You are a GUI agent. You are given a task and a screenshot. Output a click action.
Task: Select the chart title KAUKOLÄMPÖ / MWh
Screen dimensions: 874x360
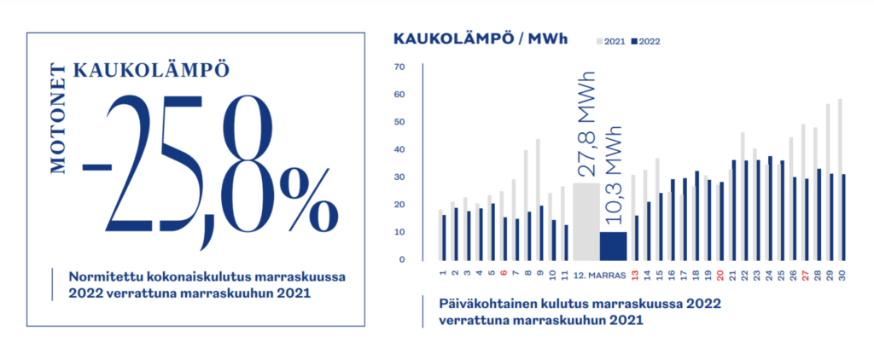click(x=480, y=39)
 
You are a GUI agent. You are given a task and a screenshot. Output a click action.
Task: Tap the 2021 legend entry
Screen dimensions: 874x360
click(x=611, y=41)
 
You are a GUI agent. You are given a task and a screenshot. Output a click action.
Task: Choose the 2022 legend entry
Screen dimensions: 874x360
click(x=646, y=41)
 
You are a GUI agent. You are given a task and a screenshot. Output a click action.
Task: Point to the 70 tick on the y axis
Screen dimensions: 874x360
click(x=399, y=67)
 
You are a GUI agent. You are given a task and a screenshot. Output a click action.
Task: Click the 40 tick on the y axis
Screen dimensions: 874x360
click(x=399, y=150)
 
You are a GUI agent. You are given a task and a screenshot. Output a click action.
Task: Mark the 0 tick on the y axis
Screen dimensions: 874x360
click(x=403, y=259)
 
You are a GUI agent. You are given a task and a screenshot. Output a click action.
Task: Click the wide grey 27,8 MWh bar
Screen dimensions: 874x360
click(x=586, y=221)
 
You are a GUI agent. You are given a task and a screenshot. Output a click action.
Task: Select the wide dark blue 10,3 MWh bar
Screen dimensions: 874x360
click(x=613, y=246)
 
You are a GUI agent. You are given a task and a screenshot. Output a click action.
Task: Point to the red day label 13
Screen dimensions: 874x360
click(x=634, y=276)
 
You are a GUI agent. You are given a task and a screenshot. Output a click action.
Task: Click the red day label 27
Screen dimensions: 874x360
click(x=806, y=276)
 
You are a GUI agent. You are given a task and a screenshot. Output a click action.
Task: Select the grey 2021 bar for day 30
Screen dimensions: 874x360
click(x=840, y=180)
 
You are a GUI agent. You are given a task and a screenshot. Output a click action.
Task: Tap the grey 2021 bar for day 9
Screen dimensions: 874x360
click(x=538, y=200)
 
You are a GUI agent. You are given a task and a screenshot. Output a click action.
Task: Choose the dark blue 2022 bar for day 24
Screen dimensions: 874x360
click(x=771, y=208)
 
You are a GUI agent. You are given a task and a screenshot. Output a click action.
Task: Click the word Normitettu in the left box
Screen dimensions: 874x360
click(x=101, y=276)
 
